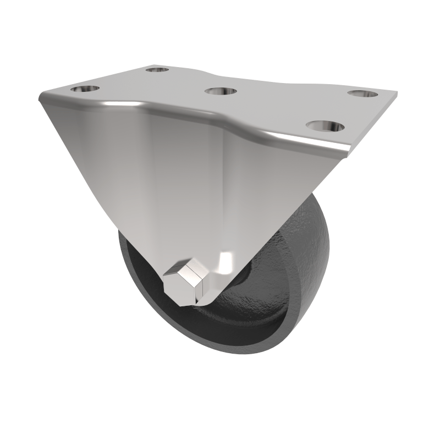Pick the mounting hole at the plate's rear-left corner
(158, 70)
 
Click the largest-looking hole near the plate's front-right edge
(325, 127)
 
